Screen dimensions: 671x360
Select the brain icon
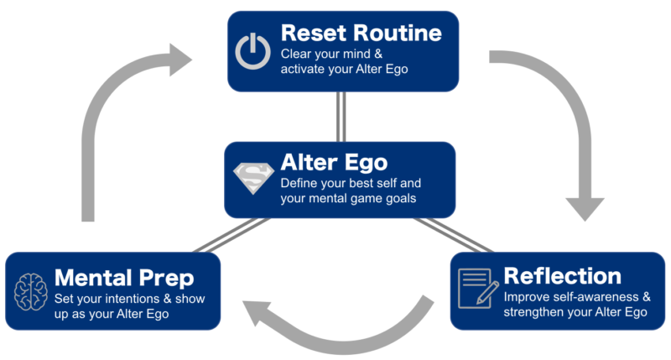point(30,291)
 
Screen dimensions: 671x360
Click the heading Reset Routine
point(362,33)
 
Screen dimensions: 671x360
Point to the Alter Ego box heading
point(334,162)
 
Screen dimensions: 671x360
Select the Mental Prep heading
point(124,279)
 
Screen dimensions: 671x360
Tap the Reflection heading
point(562,276)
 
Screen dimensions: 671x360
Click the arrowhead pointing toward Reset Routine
point(179,60)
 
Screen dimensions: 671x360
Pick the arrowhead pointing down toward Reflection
point(585,207)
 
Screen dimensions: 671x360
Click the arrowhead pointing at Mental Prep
point(256,311)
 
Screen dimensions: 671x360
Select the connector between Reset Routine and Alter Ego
point(341,117)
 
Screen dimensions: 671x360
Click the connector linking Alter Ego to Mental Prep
point(231,235)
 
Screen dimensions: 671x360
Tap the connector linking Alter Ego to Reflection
point(454,235)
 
